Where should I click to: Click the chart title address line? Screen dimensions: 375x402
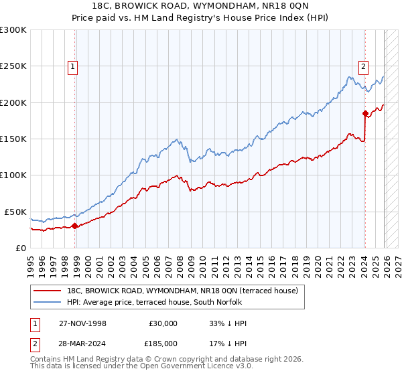point(201,6)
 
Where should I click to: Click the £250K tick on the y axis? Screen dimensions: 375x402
point(13,66)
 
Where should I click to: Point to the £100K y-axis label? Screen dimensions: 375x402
point(13,175)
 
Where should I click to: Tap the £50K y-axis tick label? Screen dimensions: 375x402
point(15,212)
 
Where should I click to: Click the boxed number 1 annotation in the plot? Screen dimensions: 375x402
point(72,66)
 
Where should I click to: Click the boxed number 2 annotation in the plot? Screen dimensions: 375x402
point(363,66)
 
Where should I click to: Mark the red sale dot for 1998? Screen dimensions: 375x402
point(74,226)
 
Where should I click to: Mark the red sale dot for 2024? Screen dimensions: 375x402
point(365,113)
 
